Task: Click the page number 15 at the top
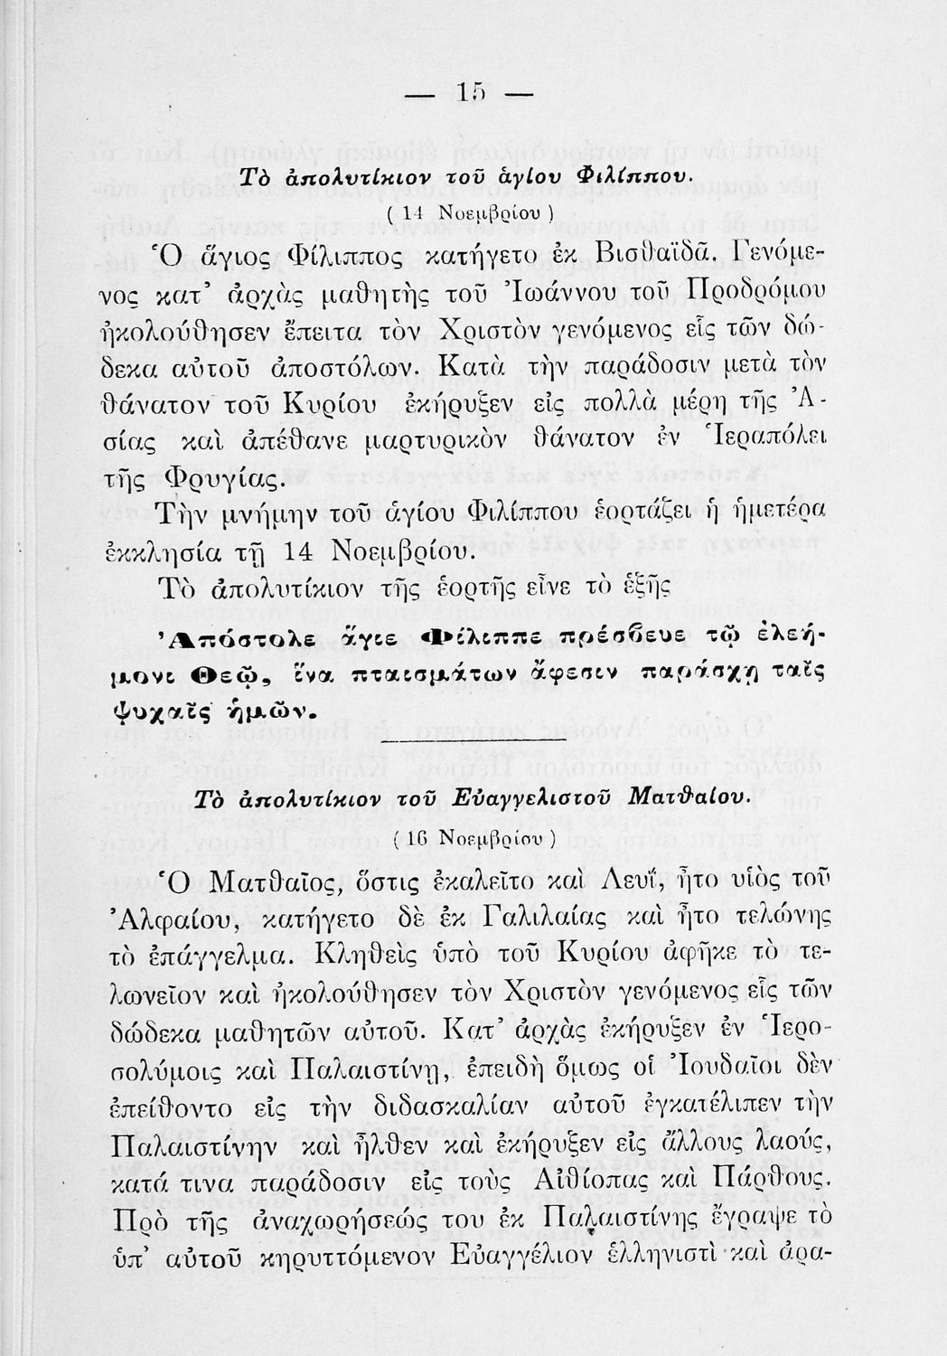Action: coord(472,94)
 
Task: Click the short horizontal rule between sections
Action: coord(473,742)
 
